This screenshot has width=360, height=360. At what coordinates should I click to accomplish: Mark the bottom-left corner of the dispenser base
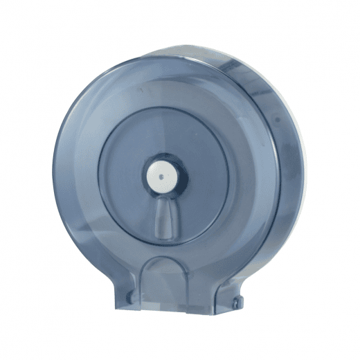111,307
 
